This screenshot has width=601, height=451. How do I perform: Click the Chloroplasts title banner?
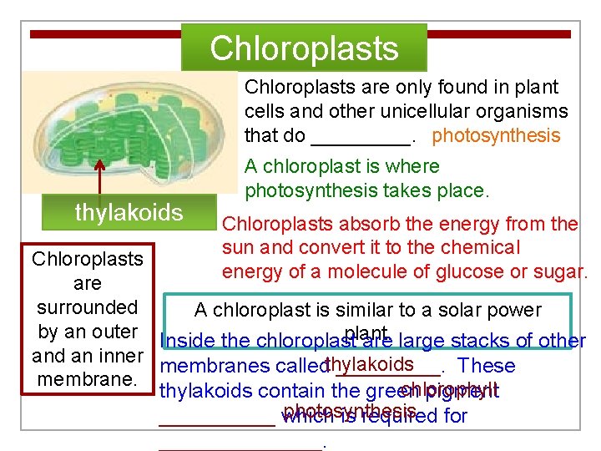tap(305, 48)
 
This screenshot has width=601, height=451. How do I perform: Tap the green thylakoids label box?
tap(129, 212)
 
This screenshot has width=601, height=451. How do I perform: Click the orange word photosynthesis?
tap(496, 135)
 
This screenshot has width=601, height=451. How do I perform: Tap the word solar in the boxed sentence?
tap(446, 311)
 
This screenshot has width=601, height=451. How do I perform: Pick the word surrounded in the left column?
tap(87, 307)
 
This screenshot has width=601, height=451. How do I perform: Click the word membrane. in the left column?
tap(87, 380)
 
